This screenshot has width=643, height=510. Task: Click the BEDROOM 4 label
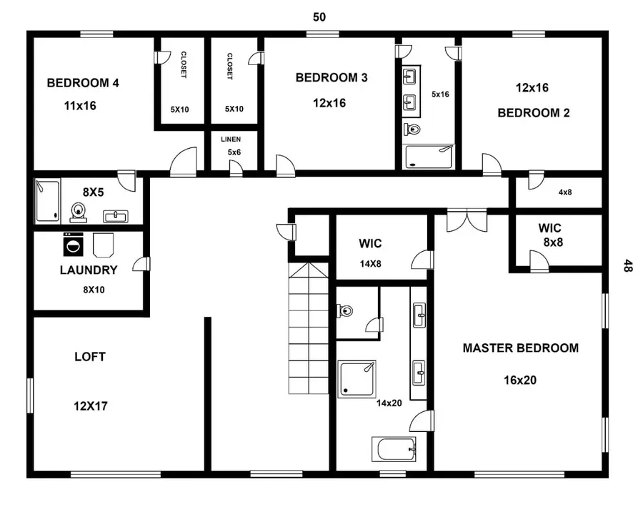click(83, 83)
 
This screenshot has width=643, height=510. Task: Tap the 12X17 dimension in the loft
click(90, 406)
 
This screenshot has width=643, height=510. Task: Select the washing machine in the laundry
click(73, 245)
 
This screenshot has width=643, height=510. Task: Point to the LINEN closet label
click(230, 139)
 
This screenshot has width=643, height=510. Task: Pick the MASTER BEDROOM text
click(520, 348)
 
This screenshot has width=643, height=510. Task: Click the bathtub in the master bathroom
click(393, 450)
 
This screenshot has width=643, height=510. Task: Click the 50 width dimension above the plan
click(319, 16)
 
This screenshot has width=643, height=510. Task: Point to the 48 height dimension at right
click(628, 266)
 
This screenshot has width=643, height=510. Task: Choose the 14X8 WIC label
click(370, 263)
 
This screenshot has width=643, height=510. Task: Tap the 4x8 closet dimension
click(565, 191)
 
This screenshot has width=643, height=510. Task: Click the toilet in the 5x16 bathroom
click(412, 129)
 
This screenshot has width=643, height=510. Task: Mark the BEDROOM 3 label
click(332, 78)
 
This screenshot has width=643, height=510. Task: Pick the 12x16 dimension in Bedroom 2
click(532, 88)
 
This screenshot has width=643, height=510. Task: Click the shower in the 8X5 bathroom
click(48, 202)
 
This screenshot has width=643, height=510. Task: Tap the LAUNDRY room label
click(88, 270)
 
